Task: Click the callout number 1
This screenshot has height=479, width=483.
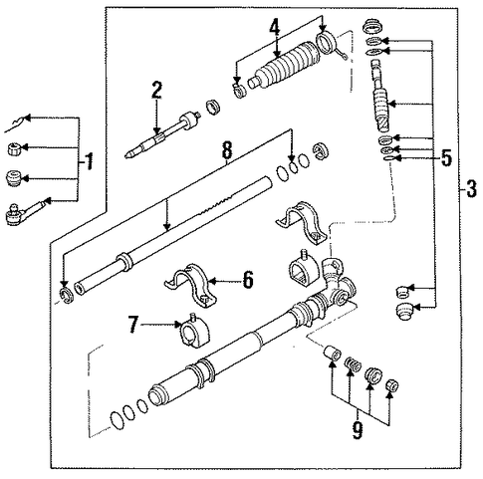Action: click(89, 161)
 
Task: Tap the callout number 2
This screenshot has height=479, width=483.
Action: click(156, 90)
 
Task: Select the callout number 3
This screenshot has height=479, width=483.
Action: click(471, 188)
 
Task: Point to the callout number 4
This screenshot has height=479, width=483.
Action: click(274, 26)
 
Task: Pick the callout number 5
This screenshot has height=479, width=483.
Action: click(446, 157)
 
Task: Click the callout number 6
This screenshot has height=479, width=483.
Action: click(248, 280)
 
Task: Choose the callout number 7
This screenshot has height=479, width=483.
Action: click(133, 324)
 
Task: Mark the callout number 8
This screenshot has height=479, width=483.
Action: click(227, 150)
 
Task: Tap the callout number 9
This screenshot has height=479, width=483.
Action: click(358, 429)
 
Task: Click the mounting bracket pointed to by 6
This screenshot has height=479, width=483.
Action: click(190, 286)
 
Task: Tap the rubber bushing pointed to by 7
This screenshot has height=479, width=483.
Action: click(193, 333)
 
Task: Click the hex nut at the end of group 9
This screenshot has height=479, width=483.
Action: click(391, 385)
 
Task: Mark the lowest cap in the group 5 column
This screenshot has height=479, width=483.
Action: click(404, 312)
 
